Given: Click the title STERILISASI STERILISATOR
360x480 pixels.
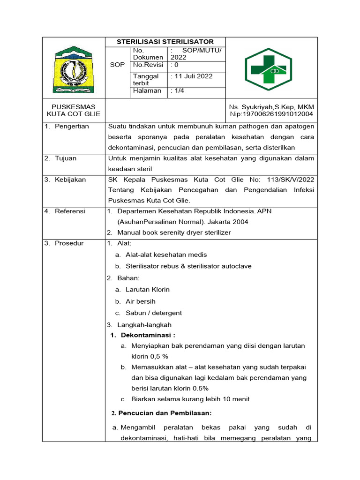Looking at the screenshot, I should pos(165,42).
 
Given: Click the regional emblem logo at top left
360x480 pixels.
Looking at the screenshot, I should pos(74,69).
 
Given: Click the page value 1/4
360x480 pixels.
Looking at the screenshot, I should pos(178,91).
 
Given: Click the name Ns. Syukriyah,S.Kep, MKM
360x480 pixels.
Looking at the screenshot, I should pos(271,106).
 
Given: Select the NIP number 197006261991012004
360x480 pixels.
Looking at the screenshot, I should pos(271,114).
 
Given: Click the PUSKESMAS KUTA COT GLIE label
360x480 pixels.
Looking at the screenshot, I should pos(74,110).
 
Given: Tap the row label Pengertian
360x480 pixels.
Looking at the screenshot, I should pos(71,127).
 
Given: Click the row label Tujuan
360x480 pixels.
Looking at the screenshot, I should pos(65,158).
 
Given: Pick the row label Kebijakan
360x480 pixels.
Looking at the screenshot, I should pos(70,180).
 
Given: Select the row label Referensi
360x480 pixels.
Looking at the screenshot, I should pos(70,211).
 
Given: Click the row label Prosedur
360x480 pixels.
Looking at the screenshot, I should pos(69,243).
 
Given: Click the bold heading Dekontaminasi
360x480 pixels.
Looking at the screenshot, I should pos(148,335).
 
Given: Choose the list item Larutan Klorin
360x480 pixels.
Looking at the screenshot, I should pos(147,290).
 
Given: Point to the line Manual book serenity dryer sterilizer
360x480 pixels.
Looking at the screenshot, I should pos(174,232).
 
